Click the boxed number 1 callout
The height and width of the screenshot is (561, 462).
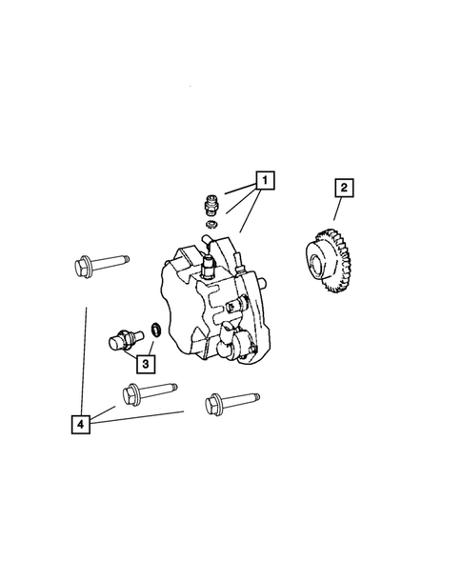click(x=264, y=180)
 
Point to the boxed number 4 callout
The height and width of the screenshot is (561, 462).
click(x=84, y=422)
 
